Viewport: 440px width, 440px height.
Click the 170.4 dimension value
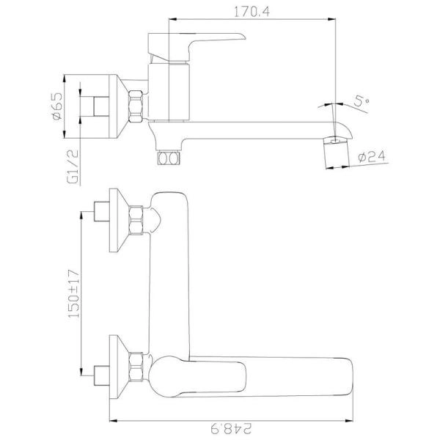tap(252, 12)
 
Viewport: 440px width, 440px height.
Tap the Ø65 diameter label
tap(56, 106)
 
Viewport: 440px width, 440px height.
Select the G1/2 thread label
tap(73, 166)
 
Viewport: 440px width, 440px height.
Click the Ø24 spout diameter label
tap(372, 156)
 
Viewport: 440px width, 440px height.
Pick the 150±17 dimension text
tap(74, 293)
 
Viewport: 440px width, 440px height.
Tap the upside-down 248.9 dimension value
tap(231, 428)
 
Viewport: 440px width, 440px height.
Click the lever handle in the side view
tap(197, 47)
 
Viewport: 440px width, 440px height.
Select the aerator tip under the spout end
tap(337, 153)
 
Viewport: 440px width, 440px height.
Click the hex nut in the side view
tap(136, 106)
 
